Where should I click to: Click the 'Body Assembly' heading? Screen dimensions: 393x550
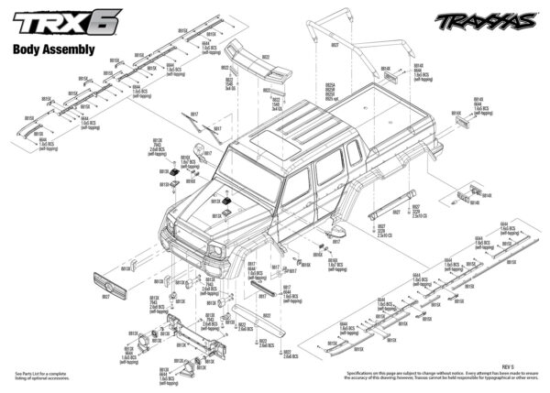pos(54,50)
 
